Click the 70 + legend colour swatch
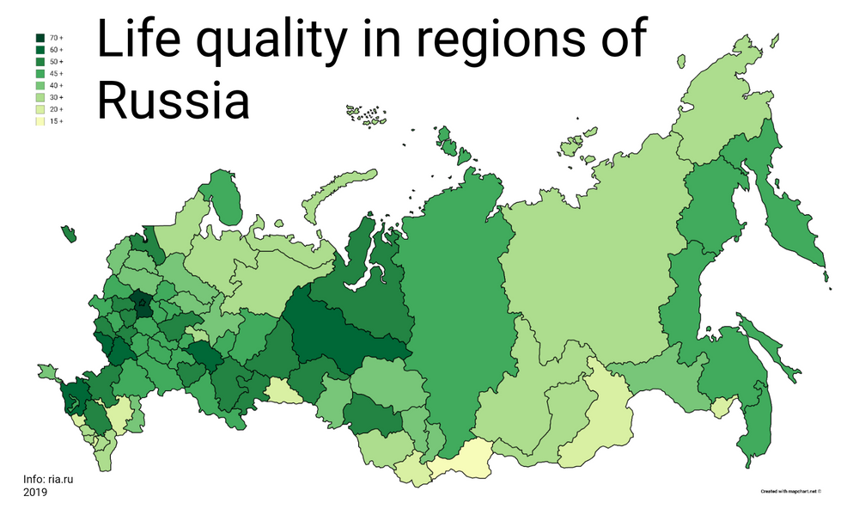[x=40, y=39]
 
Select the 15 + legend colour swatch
[x=40, y=122]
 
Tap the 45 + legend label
[x=56, y=74]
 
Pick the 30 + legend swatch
[x=40, y=98]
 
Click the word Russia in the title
[x=172, y=100]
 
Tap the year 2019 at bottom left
[x=35, y=493]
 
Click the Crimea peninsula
[x=48, y=371]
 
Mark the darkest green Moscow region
[x=139, y=303]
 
